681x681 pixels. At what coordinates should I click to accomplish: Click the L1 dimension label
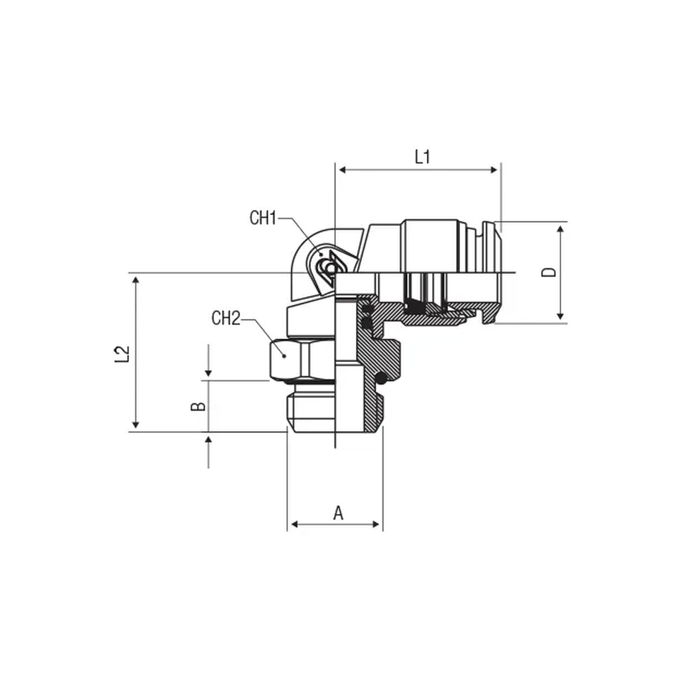point(422,157)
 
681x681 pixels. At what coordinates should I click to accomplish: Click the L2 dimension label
point(122,354)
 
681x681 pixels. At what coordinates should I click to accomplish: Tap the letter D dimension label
point(549,272)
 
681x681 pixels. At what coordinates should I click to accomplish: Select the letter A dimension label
point(338,513)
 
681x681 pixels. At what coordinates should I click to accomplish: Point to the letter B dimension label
point(198,406)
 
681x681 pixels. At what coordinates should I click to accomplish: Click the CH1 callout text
point(263,218)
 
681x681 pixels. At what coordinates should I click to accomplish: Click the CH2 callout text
point(226,318)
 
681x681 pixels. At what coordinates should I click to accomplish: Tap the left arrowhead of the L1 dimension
point(342,170)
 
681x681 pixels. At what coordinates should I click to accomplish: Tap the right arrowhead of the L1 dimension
point(494,170)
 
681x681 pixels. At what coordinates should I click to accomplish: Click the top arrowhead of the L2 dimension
point(136,280)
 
